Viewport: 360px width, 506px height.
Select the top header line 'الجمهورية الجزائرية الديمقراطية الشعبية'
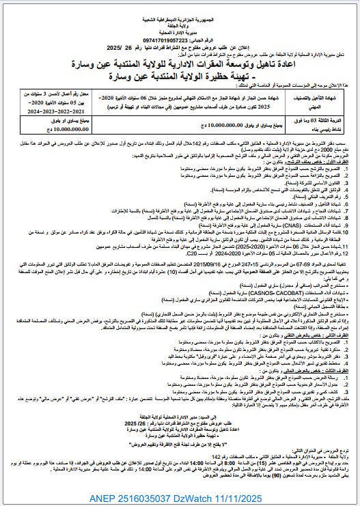click(180, 7)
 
